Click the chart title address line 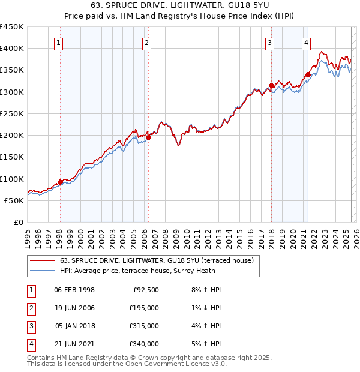(179, 6)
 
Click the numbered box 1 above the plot (59, 43)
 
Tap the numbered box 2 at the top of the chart (147, 43)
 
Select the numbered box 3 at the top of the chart (270, 43)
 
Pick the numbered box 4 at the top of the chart (306, 43)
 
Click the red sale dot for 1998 (60, 182)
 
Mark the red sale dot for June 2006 (148, 137)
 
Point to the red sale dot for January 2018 (271, 85)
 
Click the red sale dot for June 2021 (308, 74)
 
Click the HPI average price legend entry (147, 271)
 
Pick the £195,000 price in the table (144, 308)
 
